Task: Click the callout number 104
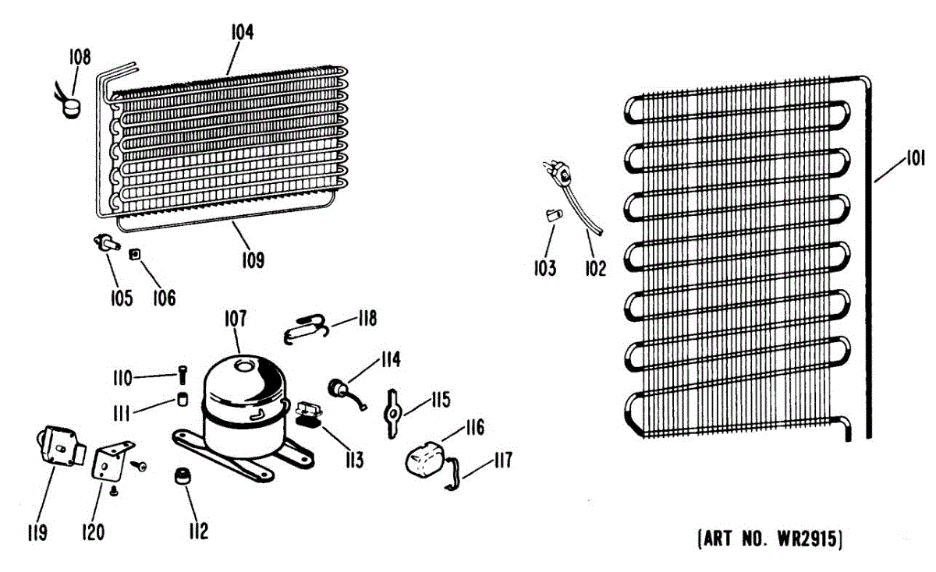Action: [x=243, y=33]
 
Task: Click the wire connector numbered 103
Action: [x=553, y=215]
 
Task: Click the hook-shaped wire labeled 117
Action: [x=453, y=476]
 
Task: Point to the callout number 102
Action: [x=594, y=269]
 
